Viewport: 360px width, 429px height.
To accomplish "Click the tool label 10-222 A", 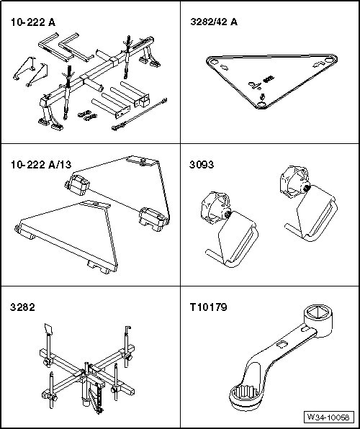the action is tap(33, 22).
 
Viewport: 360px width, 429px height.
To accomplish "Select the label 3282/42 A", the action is tap(214, 22).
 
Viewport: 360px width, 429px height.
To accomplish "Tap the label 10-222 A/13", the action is tap(41, 165).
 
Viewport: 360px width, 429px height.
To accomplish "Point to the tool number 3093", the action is tap(202, 165).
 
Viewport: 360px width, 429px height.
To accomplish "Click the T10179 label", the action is tap(208, 307).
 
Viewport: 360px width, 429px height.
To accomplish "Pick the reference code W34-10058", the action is tap(328, 417).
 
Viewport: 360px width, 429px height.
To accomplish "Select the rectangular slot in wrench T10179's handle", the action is tap(282, 345).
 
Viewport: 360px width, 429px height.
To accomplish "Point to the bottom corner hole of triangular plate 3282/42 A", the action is tap(261, 104).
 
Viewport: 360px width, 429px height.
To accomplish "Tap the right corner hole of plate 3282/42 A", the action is tap(330, 60).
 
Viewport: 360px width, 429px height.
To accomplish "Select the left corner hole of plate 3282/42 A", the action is tap(213, 62).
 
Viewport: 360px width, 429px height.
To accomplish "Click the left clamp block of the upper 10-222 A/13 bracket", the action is tap(78, 185).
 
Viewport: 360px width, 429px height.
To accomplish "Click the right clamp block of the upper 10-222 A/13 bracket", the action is tap(153, 219).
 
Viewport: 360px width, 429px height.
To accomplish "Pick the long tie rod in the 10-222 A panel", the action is tap(139, 114).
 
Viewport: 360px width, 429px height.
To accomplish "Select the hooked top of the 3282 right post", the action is tap(127, 330).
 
